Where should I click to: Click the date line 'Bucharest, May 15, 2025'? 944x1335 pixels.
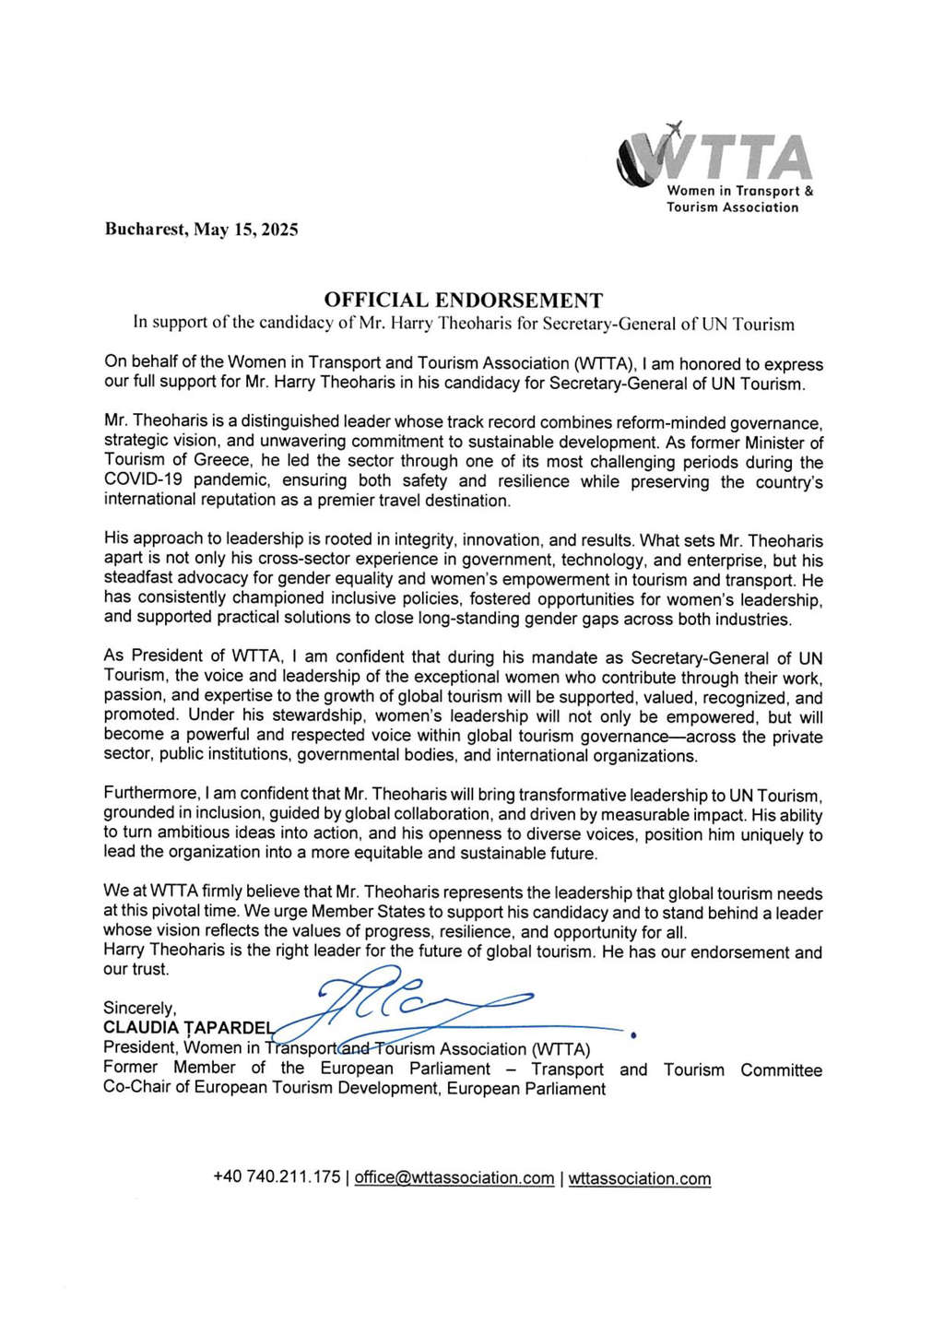[x=201, y=230]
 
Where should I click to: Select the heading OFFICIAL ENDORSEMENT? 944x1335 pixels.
[x=463, y=301]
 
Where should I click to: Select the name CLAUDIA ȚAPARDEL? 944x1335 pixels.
[x=188, y=1028]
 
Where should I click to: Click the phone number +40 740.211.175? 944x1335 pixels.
[x=277, y=1177]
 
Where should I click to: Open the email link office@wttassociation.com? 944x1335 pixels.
[x=454, y=1177]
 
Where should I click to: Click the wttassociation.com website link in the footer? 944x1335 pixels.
[x=640, y=1178]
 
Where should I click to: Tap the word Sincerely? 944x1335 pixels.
[x=139, y=1009]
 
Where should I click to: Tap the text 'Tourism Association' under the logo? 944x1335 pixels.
[x=733, y=207]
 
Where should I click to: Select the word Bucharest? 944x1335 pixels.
[x=143, y=230]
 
